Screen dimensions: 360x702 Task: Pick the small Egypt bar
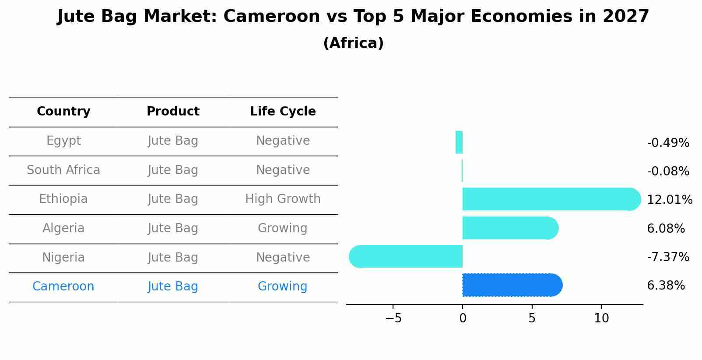click(459, 142)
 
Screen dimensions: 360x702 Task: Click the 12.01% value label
click(669, 200)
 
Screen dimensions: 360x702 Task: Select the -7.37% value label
click(668, 257)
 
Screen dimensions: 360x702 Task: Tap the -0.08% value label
click(668, 171)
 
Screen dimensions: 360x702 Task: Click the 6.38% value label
click(666, 286)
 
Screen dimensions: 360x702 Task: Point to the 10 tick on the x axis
click(601, 318)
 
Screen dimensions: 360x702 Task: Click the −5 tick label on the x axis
click(393, 318)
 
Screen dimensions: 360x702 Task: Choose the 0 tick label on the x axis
click(463, 318)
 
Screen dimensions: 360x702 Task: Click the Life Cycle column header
click(283, 112)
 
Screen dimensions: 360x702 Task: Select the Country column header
click(63, 112)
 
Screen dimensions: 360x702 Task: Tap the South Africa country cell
click(63, 170)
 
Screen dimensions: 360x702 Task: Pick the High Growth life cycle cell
click(283, 199)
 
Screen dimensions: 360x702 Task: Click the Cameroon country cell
click(63, 287)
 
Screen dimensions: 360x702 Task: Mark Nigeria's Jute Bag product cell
click(173, 257)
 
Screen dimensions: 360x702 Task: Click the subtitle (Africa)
click(353, 43)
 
